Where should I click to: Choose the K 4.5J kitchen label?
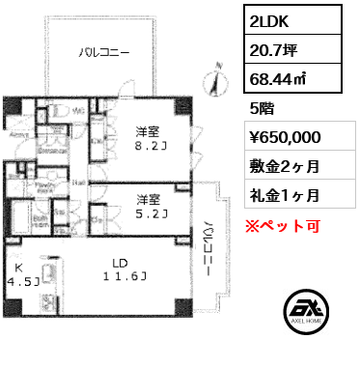[20, 275]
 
